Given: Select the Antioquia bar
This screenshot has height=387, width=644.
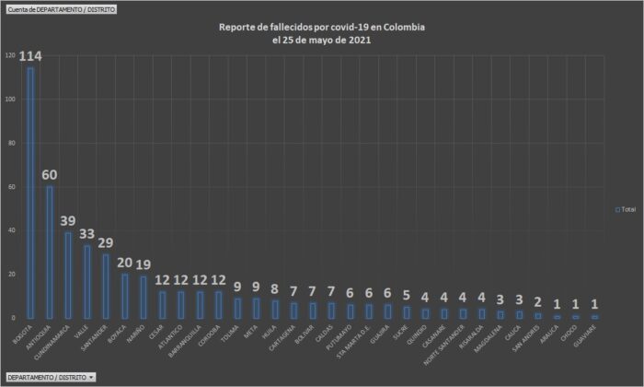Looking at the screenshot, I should (x=50, y=251).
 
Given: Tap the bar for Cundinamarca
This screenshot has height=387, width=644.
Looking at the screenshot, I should (x=68, y=274).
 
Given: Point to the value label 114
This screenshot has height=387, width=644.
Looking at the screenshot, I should (x=30, y=57).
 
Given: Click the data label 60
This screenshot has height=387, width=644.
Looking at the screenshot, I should (x=50, y=175).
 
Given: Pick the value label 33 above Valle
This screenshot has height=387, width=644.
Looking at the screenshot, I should (x=87, y=234).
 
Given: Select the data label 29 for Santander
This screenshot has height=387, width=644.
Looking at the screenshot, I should (x=106, y=243).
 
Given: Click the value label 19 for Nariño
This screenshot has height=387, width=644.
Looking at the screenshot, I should (x=144, y=264).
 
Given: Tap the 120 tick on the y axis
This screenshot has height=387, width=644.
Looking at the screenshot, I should (x=9, y=55).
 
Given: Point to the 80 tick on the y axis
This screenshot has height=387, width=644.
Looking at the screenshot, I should (x=11, y=143).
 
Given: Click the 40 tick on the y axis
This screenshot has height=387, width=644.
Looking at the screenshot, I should (x=11, y=230).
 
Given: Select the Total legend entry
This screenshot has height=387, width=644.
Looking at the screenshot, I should (x=626, y=210).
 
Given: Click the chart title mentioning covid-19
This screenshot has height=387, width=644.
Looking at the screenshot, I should (x=322, y=33).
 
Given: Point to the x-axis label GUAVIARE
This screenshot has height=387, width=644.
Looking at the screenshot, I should (x=592, y=336).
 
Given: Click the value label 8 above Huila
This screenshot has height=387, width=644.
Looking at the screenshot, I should (x=275, y=288).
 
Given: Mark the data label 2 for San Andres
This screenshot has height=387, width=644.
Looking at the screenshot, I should (x=537, y=302).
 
